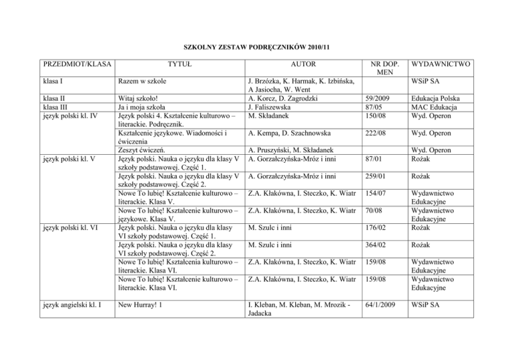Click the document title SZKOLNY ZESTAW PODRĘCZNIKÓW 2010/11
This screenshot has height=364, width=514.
pos(257,48)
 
